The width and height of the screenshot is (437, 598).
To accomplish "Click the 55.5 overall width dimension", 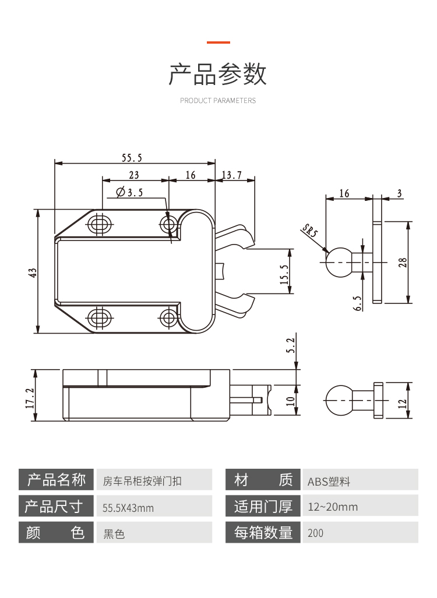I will pos(132,157).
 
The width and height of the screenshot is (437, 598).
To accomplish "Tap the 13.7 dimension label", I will pos(231,175).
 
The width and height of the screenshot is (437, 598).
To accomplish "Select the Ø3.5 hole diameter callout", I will pos(129,192).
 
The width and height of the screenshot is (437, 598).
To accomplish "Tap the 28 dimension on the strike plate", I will pos(402,262).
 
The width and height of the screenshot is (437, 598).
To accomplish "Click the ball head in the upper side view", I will pos(338,261).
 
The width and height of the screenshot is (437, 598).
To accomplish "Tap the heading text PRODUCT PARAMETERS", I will pos(218,101).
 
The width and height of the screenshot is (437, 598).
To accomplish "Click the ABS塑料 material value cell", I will pos(359,482).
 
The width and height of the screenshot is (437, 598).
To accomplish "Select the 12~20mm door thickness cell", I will pos(359,507).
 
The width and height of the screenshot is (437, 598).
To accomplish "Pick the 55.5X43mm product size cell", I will pos(153,508).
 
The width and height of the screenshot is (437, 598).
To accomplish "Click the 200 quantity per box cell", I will pos(359,533).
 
